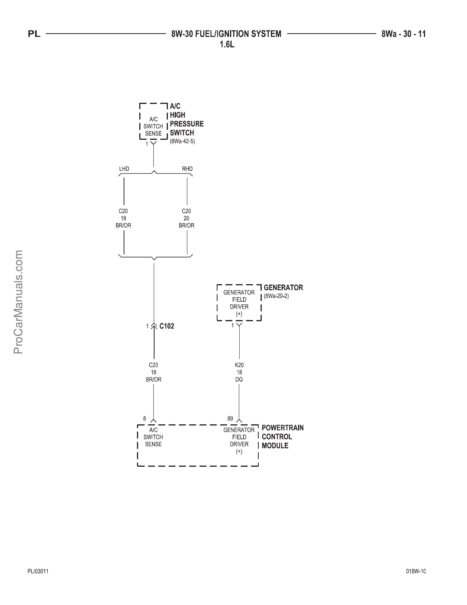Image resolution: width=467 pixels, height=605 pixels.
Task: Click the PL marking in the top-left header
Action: pos(34,34)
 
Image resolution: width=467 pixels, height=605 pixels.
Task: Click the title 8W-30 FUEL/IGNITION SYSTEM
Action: pos(226,34)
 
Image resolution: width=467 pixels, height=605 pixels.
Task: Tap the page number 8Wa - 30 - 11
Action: pos(403,34)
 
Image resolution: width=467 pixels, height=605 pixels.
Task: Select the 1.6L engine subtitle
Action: pos(227,44)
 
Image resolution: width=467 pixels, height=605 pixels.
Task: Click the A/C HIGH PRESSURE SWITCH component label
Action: pos(186,120)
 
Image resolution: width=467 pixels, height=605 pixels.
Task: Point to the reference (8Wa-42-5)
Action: pos(182,141)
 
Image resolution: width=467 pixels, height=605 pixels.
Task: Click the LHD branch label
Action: pos(124,169)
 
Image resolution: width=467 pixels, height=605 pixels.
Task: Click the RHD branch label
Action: pos(187,169)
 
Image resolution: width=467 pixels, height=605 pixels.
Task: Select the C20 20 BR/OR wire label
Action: pos(186,218)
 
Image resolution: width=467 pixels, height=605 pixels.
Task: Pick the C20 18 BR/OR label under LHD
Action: pos(123,218)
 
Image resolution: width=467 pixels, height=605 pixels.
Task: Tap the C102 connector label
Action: pos(167,326)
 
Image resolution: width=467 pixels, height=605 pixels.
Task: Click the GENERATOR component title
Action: pos(283,288)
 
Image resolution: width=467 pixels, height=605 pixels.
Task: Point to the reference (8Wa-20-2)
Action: pos(276,296)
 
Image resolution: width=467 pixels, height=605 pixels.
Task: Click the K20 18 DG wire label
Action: pos(239,372)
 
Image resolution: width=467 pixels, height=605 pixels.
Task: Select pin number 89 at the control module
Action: pos(230,419)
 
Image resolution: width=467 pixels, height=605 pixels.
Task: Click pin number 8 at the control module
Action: pos(145,419)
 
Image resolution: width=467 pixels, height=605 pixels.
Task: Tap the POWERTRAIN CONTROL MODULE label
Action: pos(282,437)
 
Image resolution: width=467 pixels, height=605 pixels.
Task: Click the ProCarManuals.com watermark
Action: pos(18,302)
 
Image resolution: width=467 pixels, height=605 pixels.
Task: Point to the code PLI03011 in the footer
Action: pos(38,571)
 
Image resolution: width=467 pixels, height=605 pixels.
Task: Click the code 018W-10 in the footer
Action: pos(416,571)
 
